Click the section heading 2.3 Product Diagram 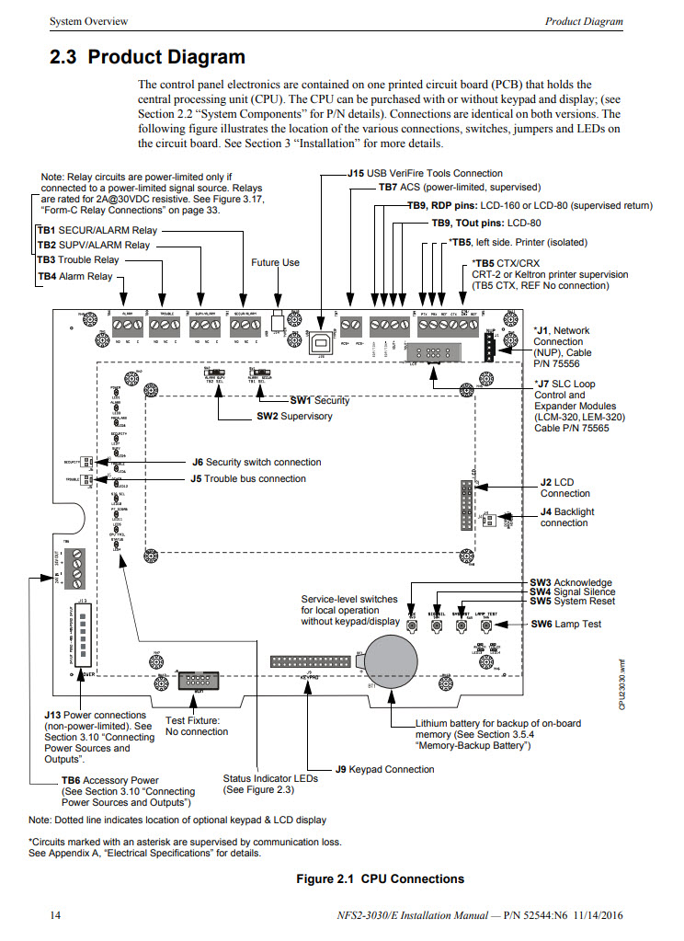(147, 57)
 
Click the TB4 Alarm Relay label (74, 276)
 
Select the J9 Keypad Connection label (384, 769)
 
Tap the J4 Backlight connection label (564, 517)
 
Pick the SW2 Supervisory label (293, 417)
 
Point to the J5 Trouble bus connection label (248, 478)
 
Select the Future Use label (275, 262)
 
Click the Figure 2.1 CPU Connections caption (380, 878)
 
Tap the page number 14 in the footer (54, 916)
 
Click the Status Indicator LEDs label (269, 784)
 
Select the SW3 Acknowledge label (570, 582)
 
